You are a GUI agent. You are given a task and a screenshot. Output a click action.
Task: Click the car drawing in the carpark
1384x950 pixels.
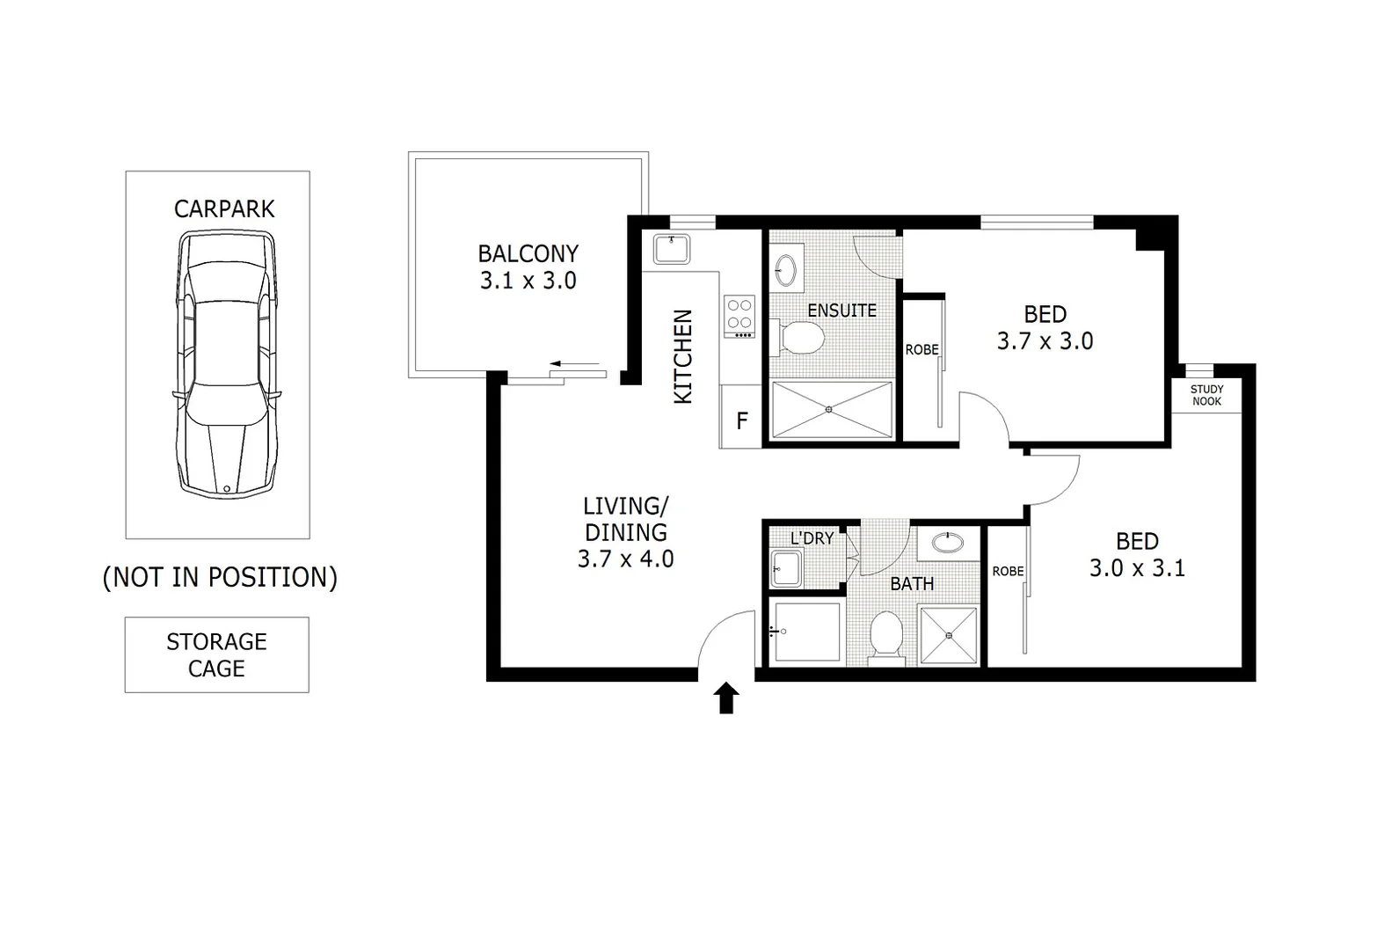226,362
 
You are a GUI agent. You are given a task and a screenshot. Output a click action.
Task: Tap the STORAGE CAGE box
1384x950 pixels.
216,654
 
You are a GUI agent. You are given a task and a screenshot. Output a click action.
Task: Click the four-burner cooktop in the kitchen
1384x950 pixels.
739,315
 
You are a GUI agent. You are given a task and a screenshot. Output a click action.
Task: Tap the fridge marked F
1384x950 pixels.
741,420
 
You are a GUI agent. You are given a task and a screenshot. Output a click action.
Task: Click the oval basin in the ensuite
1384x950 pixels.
785,269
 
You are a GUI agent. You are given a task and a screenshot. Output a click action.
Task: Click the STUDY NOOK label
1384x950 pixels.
1206,395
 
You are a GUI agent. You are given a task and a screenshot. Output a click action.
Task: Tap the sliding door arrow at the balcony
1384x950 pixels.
574,363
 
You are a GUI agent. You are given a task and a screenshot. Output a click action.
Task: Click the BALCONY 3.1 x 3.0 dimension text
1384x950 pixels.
528,281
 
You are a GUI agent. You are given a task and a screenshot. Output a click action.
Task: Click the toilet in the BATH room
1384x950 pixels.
885,635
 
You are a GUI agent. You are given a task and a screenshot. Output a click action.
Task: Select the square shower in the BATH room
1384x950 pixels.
948,635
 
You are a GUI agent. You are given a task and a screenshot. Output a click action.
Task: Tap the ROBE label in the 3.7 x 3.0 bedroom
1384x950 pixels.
921,349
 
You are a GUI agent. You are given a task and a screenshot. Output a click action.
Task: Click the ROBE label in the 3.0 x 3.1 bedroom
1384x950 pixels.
1008,571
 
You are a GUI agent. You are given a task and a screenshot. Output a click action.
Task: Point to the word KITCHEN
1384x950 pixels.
683,356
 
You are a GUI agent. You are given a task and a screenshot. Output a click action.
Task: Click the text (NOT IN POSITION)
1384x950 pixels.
220,577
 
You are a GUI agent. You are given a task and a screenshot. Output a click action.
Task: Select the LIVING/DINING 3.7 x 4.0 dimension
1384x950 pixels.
625,559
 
